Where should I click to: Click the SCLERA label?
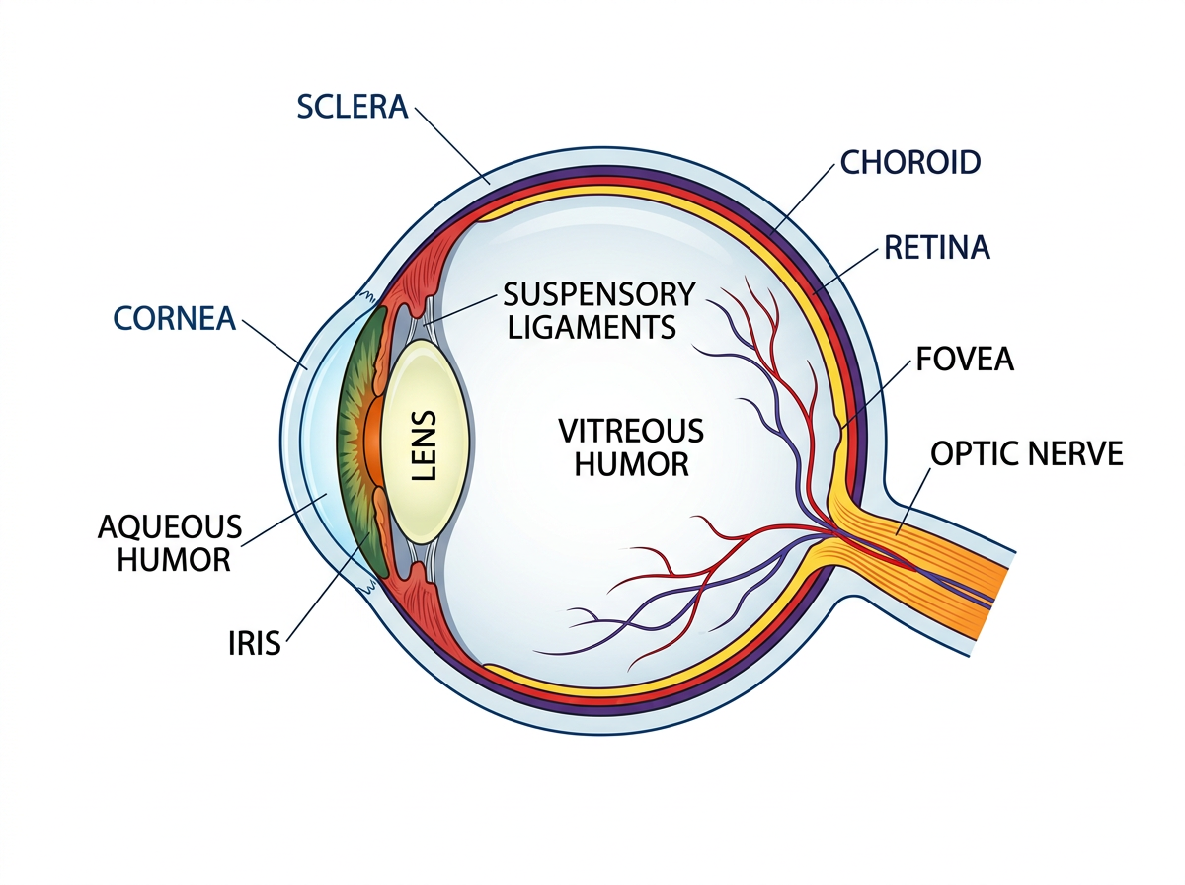tap(352, 108)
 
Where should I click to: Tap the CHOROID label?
tap(909, 162)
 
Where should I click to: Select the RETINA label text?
tap(936, 247)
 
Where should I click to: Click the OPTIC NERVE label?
tap(1027, 454)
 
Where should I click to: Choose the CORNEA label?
tap(174, 318)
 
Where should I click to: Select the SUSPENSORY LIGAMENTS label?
tap(599, 309)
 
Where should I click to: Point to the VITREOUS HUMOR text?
tap(631, 446)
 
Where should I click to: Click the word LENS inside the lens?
tap(424, 447)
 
